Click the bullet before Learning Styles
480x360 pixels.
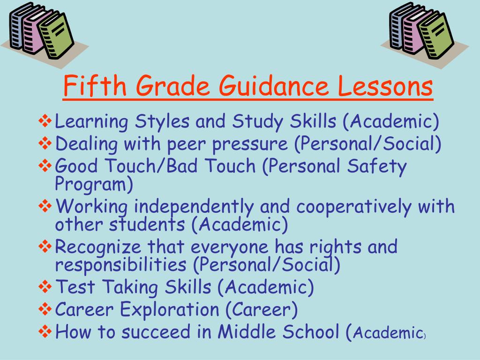[45, 122]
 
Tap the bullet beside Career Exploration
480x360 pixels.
[45, 309]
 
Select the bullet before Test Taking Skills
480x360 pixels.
[45, 286]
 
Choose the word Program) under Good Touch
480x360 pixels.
[94, 184]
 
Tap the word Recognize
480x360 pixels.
[98, 247]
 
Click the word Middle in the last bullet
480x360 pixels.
[246, 332]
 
